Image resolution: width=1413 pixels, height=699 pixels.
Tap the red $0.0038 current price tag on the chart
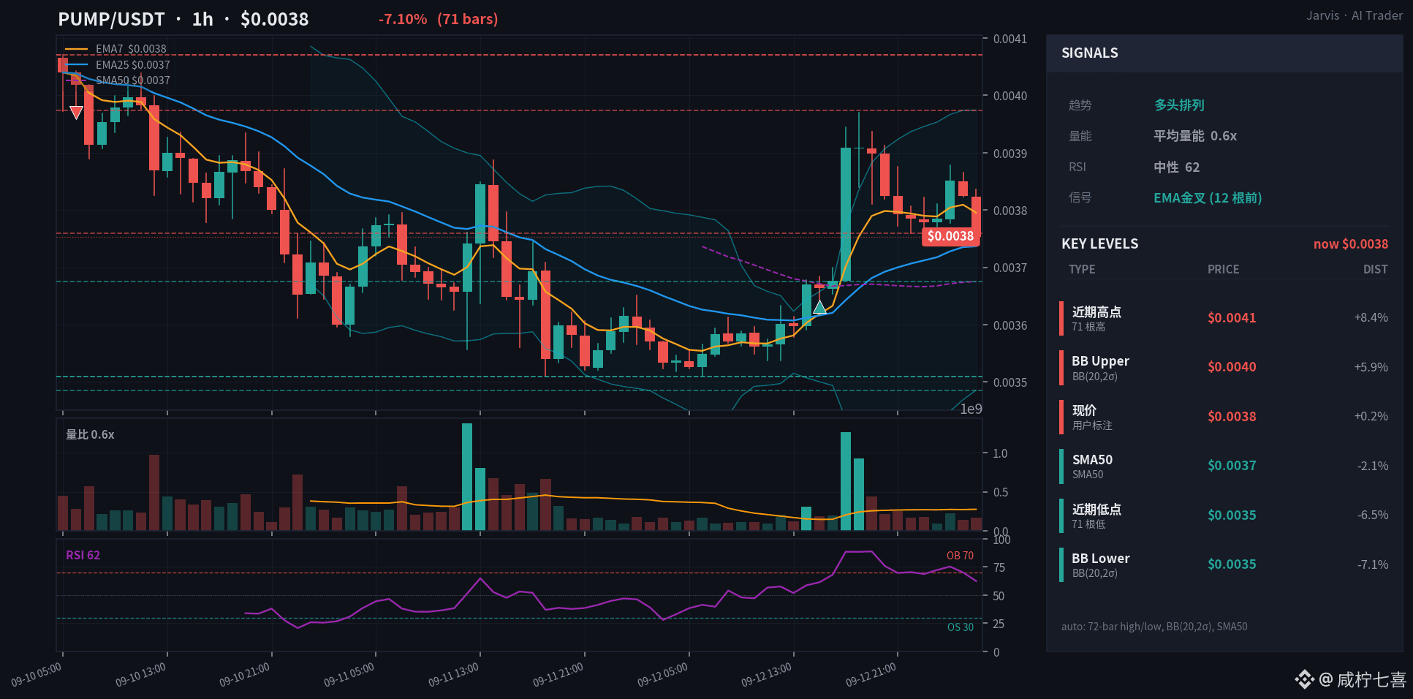pos(950,236)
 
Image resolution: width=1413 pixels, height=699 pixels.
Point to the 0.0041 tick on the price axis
pos(1009,39)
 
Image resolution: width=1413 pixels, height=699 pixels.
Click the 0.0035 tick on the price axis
pos(1009,382)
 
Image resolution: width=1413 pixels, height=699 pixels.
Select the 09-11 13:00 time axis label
pos(453,675)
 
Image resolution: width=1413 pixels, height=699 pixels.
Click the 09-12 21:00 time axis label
pos(871,675)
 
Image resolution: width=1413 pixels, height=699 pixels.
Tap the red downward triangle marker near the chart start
pos(76,113)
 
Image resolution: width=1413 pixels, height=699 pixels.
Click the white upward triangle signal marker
pos(819,308)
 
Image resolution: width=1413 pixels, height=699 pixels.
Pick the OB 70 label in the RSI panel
pos(960,556)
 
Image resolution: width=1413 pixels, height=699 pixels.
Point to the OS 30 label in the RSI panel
pos(960,627)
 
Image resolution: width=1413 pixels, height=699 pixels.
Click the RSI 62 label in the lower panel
pos(83,555)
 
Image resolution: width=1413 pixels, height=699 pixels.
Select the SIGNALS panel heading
pos(1089,53)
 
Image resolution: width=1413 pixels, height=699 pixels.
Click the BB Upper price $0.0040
pos(1232,367)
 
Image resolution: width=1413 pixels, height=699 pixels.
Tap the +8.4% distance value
pos(1371,317)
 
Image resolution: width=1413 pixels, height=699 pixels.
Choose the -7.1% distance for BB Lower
pos(1373,564)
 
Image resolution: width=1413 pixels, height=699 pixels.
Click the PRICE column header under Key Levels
pos(1223,269)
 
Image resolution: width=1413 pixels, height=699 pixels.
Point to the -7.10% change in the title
pos(403,19)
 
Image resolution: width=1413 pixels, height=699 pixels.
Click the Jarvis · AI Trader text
pos(1355,15)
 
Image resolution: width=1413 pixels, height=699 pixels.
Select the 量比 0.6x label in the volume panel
pos(90,434)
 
